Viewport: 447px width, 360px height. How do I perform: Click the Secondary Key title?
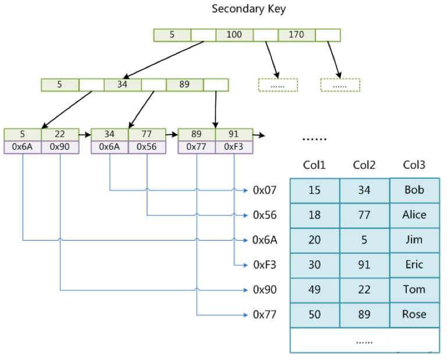(249, 9)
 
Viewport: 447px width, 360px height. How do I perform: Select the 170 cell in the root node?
(296, 35)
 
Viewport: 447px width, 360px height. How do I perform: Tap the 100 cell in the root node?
(234, 35)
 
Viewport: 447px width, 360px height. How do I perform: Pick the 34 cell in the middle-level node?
(122, 84)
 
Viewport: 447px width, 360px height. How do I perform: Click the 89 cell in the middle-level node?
(185, 84)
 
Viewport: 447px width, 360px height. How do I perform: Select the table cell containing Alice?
(414, 215)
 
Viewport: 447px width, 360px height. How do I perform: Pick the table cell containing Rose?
(414, 315)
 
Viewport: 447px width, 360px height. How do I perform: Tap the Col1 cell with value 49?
(315, 290)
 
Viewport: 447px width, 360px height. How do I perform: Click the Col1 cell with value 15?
(315, 190)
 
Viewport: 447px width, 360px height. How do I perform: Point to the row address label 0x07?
(265, 190)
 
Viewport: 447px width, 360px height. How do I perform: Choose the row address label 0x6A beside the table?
(265, 240)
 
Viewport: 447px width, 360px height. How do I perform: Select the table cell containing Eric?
(414, 264)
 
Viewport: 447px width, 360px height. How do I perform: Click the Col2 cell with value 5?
(364, 240)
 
